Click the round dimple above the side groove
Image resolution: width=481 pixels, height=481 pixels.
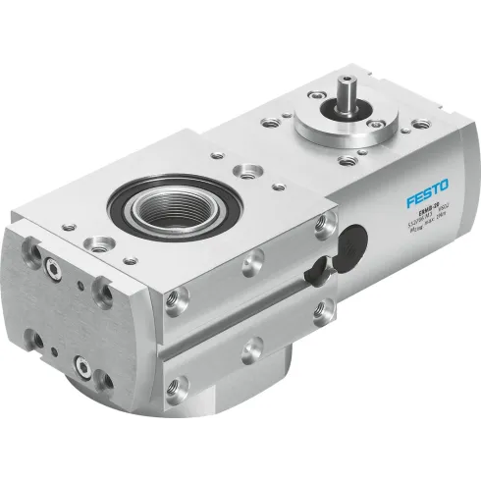pyautogui.click(x=252, y=262)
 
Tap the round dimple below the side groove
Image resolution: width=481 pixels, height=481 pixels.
pyautogui.click(x=252, y=347)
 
